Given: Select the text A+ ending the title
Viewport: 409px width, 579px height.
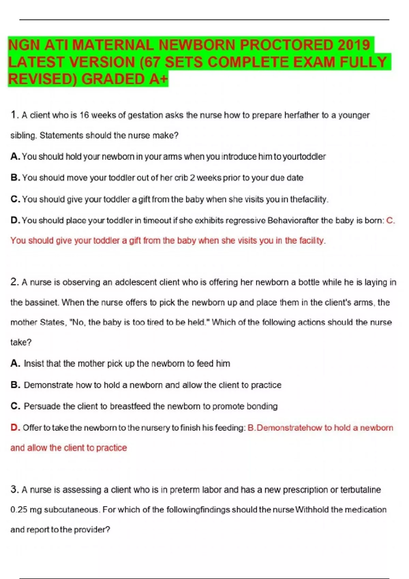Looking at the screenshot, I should click(x=158, y=79).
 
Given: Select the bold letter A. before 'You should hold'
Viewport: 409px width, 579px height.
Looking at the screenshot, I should click(x=15, y=156).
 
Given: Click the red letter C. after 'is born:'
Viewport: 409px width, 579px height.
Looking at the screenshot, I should click(x=391, y=220).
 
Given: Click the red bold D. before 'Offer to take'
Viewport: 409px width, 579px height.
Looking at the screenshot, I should click(x=15, y=427).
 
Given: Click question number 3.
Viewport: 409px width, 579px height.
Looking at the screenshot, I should click(x=14, y=489).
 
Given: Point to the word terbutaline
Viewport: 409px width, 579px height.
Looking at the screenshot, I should click(x=361, y=490).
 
